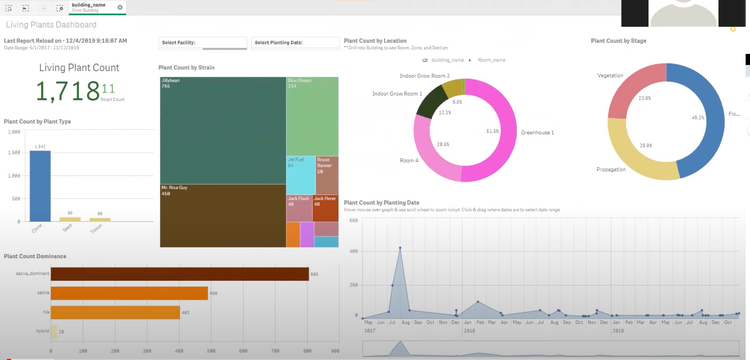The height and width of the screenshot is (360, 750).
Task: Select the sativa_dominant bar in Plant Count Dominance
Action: point(179,274)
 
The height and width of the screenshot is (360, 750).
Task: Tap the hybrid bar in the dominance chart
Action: point(54,331)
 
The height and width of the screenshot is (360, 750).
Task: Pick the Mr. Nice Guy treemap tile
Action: point(222,215)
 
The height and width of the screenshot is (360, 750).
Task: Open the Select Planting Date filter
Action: point(292,43)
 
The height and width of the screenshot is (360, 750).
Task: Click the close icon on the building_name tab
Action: point(120,7)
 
